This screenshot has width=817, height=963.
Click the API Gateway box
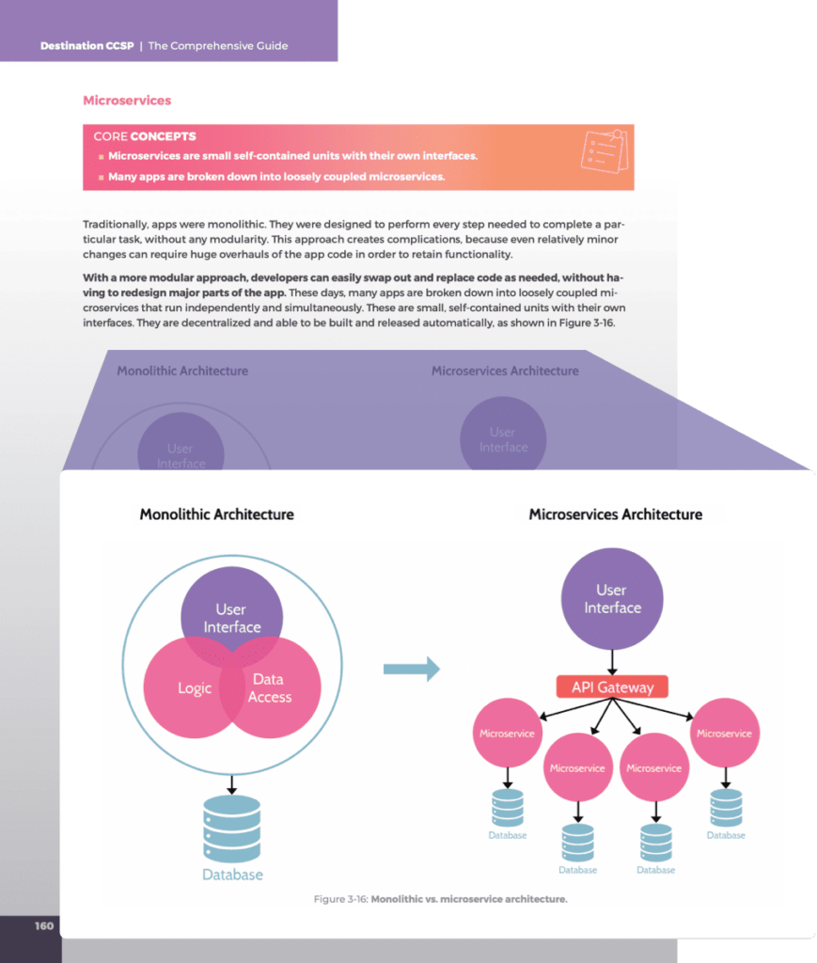(x=612, y=687)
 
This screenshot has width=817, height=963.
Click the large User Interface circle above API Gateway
(x=612, y=599)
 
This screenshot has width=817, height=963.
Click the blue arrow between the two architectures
(x=411, y=669)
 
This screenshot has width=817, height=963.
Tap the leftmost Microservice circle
(x=507, y=734)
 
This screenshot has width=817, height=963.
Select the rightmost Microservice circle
(x=724, y=734)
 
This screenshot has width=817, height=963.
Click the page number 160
(x=44, y=926)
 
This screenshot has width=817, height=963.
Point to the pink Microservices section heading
(x=127, y=101)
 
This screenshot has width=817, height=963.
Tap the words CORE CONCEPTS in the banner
(x=145, y=136)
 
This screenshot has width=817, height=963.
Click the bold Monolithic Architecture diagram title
(x=216, y=514)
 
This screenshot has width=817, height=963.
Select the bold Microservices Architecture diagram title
(x=615, y=514)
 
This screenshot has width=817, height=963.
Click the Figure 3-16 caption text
(x=440, y=900)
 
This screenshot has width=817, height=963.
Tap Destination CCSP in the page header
(x=86, y=45)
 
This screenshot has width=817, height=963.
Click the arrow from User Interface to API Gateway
(x=612, y=661)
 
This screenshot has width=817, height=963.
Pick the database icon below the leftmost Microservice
(x=507, y=807)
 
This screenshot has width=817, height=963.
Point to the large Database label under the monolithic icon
(x=232, y=875)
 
